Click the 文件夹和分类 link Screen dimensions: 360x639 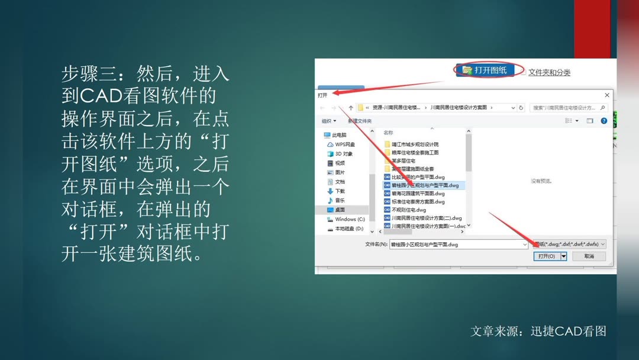[x=549, y=72]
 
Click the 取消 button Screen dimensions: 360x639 [x=589, y=256]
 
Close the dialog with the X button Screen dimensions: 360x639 [x=606, y=95]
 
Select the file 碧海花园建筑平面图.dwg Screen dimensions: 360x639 [x=418, y=194]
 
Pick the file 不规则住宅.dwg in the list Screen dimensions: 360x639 [x=408, y=210]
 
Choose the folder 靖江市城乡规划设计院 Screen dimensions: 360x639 [x=415, y=144]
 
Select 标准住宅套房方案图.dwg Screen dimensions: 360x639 [x=418, y=202]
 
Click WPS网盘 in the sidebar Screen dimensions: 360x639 [x=345, y=144]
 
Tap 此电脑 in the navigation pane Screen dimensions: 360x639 [x=340, y=135]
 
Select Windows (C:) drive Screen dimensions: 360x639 [x=350, y=219]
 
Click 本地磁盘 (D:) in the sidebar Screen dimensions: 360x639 [x=349, y=229]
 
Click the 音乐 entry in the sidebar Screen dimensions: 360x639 [x=340, y=201]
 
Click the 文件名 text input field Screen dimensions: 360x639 [x=456, y=244]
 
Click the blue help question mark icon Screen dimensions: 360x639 [x=604, y=121]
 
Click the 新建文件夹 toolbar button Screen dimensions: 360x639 [x=360, y=121]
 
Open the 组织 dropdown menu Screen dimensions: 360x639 [x=328, y=121]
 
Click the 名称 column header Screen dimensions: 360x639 [x=388, y=133]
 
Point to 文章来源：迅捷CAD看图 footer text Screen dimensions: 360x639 [x=538, y=332]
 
